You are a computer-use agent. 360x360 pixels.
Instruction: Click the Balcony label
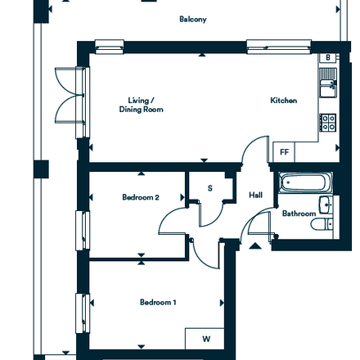(193, 20)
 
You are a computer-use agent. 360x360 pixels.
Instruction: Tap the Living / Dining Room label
(142, 105)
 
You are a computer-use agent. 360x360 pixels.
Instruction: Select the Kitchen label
(284, 101)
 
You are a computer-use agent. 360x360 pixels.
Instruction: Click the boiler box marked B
(328, 57)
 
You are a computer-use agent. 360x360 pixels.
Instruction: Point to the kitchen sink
(328, 83)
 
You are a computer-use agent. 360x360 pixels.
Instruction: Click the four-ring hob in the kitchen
(328, 123)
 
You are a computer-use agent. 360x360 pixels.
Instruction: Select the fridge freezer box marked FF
(284, 152)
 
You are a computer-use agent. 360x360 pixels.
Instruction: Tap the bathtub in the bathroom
(305, 182)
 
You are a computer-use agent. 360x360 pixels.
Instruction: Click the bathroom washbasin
(326, 205)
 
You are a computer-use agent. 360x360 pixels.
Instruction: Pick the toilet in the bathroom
(322, 224)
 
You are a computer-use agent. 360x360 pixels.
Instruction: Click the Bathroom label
(299, 214)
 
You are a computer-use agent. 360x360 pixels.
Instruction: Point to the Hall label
(256, 195)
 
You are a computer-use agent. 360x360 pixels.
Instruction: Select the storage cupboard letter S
(210, 188)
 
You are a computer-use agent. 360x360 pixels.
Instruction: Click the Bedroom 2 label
(141, 197)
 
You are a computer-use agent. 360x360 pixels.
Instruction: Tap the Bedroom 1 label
(158, 302)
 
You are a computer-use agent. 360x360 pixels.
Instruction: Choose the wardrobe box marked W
(205, 339)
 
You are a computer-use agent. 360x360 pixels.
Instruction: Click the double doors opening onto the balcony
(70, 96)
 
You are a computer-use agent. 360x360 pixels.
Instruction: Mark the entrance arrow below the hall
(255, 245)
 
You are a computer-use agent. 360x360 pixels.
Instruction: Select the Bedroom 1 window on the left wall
(83, 313)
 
